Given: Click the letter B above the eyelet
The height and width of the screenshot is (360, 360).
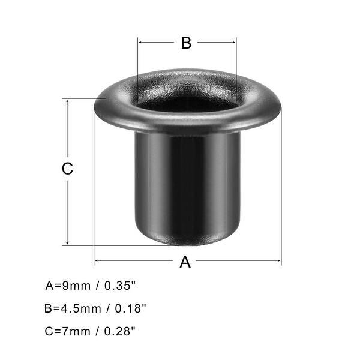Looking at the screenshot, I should coord(186,43).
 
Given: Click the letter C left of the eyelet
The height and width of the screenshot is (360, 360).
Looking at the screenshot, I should coord(67,169).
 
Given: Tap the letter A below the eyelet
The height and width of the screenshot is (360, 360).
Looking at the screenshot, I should coord(185,262).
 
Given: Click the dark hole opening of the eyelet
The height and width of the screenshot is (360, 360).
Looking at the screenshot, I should coord(187,103).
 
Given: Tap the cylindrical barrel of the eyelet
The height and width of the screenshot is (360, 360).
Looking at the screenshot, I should coord(187,180).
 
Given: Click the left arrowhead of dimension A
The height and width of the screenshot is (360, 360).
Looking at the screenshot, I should coord(97,261).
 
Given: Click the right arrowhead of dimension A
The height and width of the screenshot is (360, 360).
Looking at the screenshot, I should coord(280,261).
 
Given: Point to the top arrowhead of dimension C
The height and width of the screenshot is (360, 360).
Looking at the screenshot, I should coord(67,101).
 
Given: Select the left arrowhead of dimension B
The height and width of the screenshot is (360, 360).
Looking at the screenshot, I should coord(140,43).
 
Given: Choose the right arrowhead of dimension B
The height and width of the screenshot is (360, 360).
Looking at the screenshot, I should coord(235,43).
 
